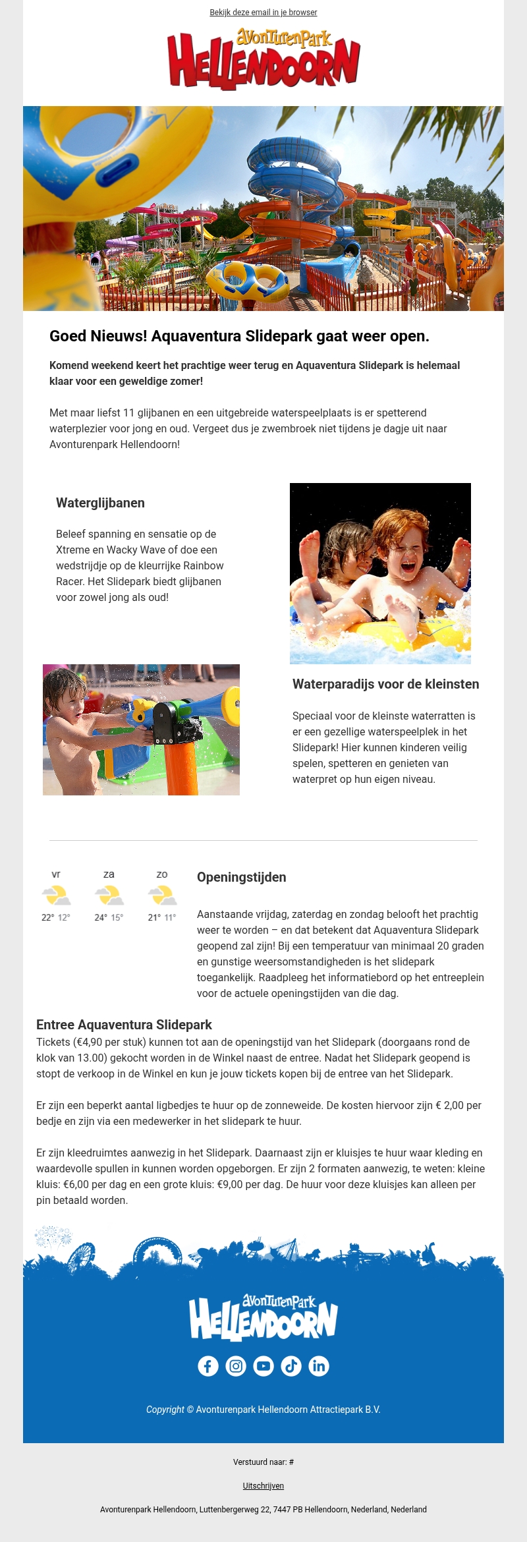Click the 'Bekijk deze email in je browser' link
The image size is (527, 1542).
[x=263, y=13]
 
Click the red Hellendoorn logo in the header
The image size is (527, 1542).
[x=263, y=59]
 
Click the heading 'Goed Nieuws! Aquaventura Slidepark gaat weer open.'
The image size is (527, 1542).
[x=239, y=336]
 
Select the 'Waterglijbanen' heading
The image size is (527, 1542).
[x=100, y=503]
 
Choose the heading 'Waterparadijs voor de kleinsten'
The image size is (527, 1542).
[x=385, y=684]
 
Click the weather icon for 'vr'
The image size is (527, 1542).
[x=56, y=896]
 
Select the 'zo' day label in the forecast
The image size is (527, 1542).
[x=162, y=874]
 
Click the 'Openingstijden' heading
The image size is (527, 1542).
[x=241, y=877]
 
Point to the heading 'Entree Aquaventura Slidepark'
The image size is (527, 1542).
[x=124, y=1025]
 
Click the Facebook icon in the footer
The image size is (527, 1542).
[x=208, y=1366]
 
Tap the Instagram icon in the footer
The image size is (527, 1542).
[x=236, y=1366]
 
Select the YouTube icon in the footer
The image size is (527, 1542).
[x=263, y=1366]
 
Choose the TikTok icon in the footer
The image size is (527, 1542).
[x=291, y=1366]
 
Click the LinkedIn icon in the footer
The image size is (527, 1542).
[x=319, y=1366]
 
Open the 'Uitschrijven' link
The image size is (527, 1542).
[x=263, y=1486]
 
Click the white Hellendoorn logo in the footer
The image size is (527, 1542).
[x=263, y=1318]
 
